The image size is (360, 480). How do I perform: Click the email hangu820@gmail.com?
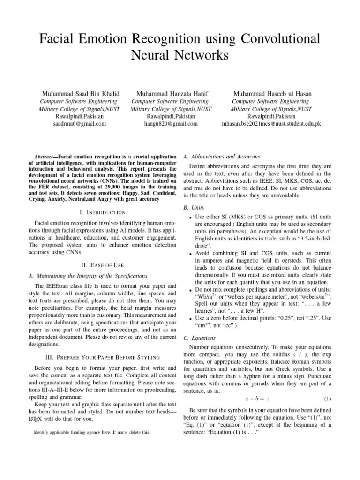[171, 124]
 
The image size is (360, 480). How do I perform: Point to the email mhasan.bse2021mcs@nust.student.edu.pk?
[271, 124]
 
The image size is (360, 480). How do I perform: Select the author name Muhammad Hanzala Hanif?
[171, 94]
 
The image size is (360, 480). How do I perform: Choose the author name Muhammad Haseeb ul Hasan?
[272, 94]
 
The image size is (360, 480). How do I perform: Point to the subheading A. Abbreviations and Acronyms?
[222, 156]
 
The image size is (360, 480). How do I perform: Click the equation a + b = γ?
[255, 398]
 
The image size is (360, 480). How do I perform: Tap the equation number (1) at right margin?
[328, 398]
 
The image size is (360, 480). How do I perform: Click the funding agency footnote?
[92, 432]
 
